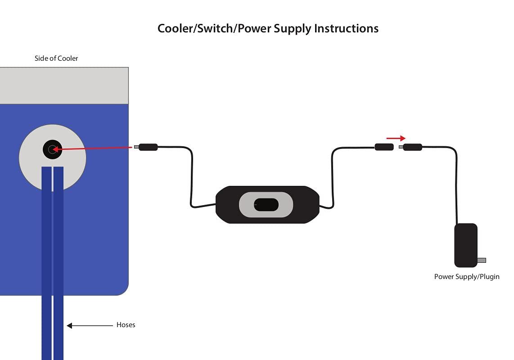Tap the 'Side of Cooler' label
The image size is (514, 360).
56,58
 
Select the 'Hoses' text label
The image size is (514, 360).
126,325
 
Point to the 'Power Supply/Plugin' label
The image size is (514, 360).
467,277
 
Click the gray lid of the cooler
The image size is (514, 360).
64,85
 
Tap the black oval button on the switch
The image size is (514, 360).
266,205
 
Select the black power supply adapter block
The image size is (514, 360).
466,245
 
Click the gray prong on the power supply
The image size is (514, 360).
482,260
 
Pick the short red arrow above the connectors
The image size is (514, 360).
396,139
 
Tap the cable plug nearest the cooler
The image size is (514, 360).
148,147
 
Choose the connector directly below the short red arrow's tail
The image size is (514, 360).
384,147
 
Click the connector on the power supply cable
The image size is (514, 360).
412,147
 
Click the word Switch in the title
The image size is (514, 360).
216,29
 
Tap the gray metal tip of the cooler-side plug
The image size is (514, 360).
136,147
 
